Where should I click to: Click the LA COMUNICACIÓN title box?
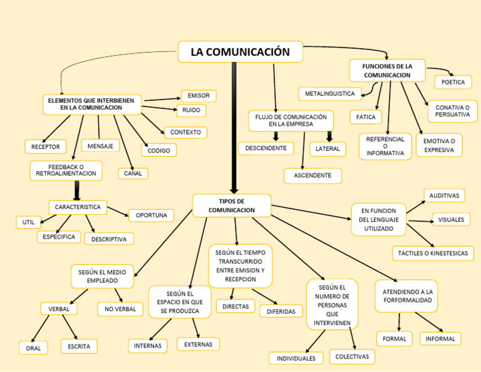240,52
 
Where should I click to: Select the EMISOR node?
199,96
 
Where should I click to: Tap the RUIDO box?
192,110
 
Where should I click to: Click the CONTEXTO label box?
185,132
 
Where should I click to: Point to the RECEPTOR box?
45,147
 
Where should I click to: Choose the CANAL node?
133,173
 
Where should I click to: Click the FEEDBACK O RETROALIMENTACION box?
66,170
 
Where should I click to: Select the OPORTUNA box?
151,215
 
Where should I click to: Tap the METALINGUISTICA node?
329,94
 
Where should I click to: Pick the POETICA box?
453,82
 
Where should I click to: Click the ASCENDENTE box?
313,176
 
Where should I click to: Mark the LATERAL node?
328,149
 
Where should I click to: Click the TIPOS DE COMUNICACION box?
232,205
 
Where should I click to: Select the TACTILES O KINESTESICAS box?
432,254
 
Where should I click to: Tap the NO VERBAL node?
120,309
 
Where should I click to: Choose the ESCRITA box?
79,346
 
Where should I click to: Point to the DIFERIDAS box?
281,311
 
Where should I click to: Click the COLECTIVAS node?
353,356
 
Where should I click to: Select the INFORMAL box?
440,339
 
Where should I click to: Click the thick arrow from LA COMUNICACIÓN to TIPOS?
234,125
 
